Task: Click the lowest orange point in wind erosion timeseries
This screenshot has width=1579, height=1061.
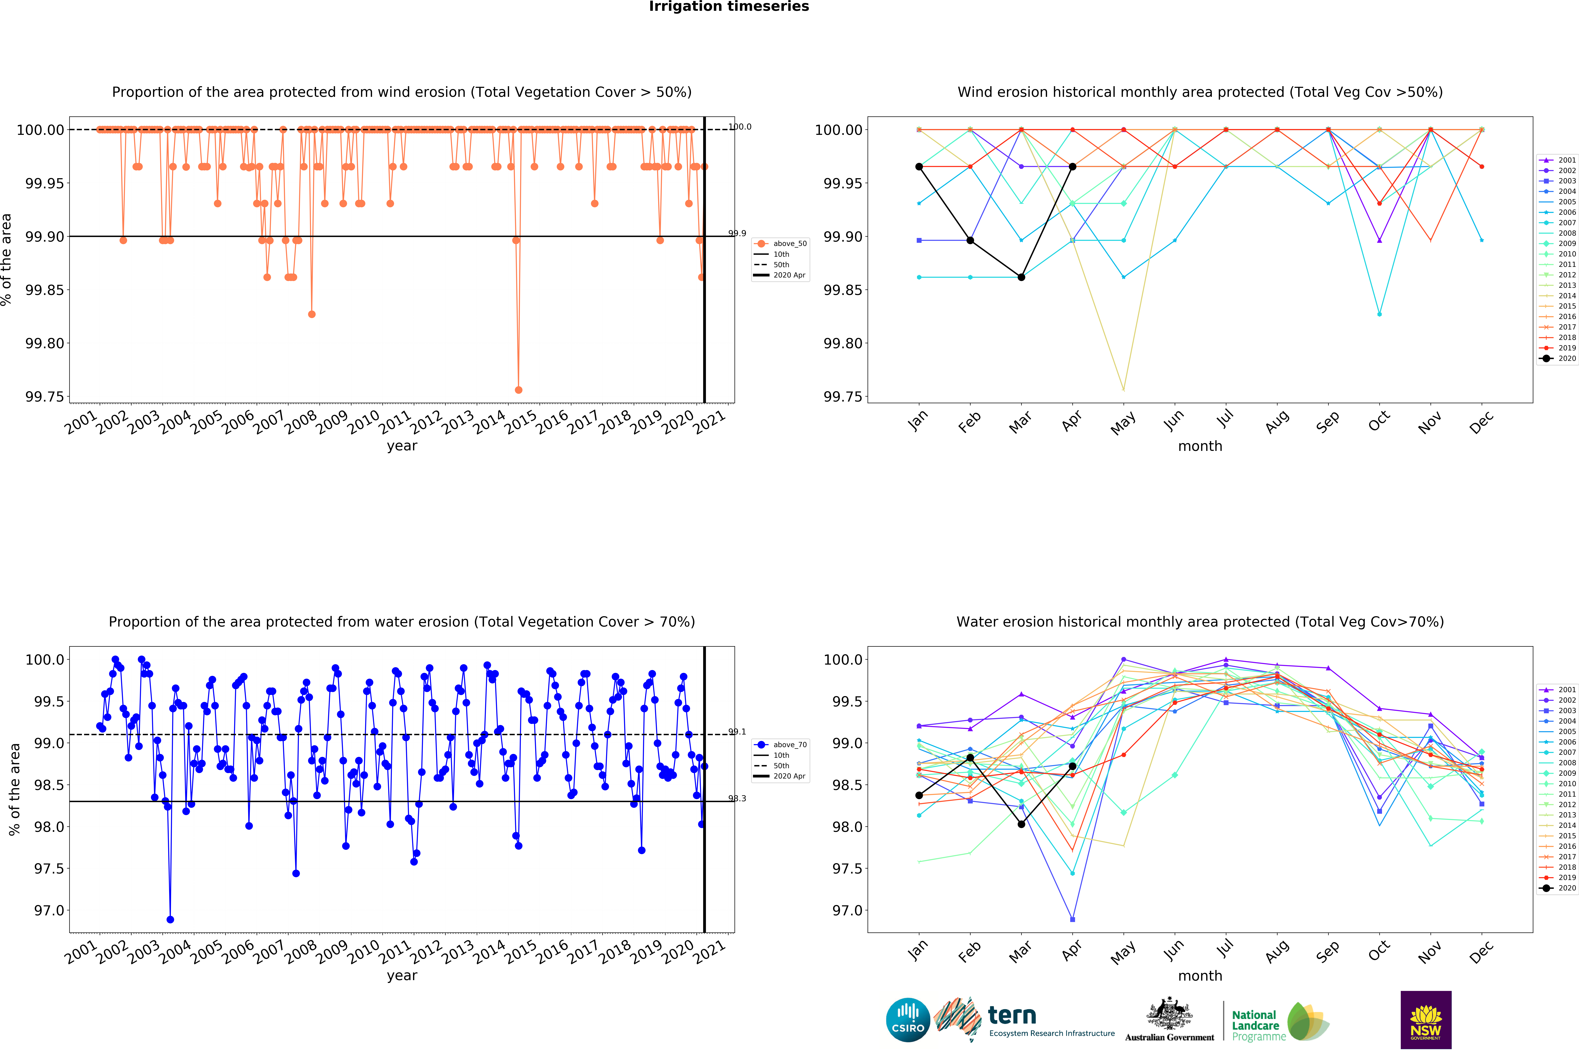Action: tap(518, 390)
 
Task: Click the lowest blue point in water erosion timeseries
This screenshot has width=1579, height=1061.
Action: tap(170, 920)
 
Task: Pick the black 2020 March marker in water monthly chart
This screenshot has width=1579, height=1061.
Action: tap(1021, 824)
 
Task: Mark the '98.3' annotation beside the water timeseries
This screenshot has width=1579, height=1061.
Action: tap(737, 798)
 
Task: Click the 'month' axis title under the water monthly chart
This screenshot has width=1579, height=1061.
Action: tap(1200, 976)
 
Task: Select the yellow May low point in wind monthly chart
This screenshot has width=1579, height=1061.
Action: tap(1124, 390)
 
